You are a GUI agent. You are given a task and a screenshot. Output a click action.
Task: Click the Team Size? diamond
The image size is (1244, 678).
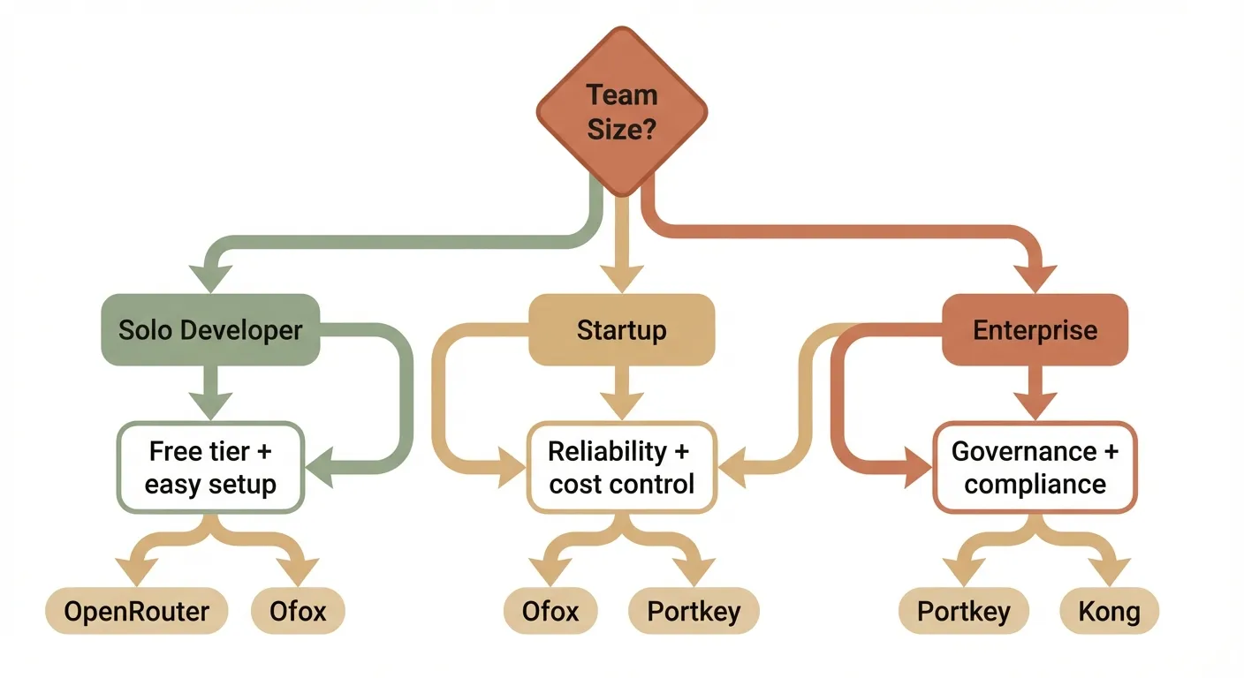pyautogui.click(x=622, y=110)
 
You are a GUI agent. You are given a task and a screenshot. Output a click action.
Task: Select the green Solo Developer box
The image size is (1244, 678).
pyautogui.click(x=210, y=330)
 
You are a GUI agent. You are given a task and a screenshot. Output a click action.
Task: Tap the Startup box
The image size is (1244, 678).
pyautogui.click(x=621, y=330)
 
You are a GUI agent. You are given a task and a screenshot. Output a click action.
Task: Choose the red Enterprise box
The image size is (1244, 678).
pyautogui.click(x=1035, y=330)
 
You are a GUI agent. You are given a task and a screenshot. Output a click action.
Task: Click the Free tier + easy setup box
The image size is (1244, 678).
pyautogui.click(x=210, y=468)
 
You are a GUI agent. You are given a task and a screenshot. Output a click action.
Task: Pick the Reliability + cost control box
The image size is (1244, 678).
pyautogui.click(x=621, y=468)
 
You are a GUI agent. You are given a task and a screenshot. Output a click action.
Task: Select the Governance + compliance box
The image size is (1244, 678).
pyautogui.click(x=1035, y=468)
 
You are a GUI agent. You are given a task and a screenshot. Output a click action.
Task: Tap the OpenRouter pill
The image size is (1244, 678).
pyautogui.click(x=137, y=611)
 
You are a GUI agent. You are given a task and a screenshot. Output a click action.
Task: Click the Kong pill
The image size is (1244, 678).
pyautogui.click(x=1109, y=611)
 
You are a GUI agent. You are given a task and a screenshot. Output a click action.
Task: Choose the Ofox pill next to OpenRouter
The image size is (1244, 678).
pyautogui.click(x=298, y=611)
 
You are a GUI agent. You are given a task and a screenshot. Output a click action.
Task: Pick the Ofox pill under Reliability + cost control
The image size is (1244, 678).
pyautogui.click(x=550, y=611)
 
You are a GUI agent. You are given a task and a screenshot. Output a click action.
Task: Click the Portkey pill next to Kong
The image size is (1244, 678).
pyautogui.click(x=964, y=611)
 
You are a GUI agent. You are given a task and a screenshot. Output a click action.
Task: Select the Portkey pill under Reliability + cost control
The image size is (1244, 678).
pyautogui.click(x=694, y=611)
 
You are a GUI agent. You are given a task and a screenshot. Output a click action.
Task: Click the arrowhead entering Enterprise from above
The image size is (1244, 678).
pyautogui.click(x=1035, y=275)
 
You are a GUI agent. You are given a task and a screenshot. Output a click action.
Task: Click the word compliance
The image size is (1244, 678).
pyautogui.click(x=1035, y=485)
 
